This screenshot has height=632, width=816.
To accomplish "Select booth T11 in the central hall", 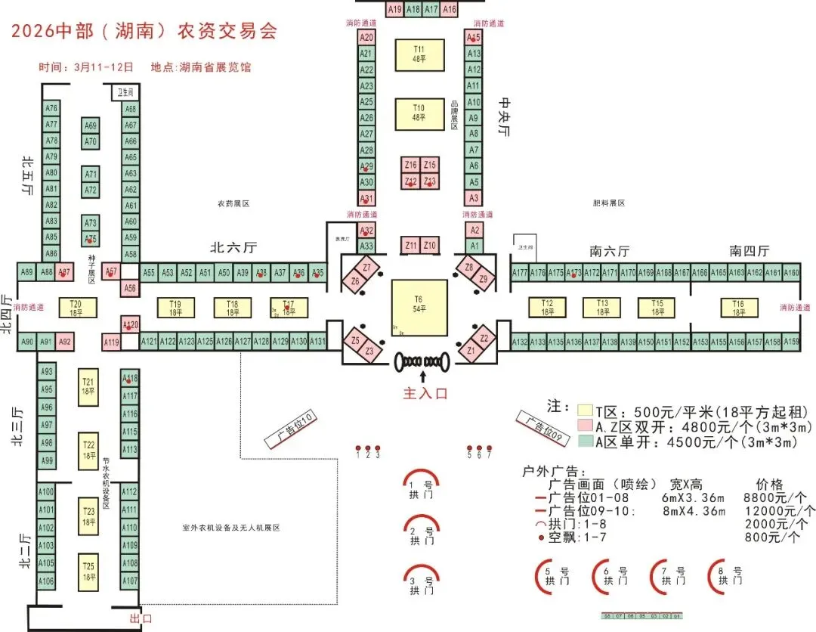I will coord(419,54).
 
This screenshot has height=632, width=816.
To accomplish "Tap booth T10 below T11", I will coord(419,113).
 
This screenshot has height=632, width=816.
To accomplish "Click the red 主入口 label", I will coord(425,393).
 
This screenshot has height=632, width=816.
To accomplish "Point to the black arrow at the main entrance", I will coord(423,375).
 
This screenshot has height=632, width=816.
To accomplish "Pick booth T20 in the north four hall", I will coord(76,308).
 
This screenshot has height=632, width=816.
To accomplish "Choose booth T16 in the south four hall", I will coord(738,308).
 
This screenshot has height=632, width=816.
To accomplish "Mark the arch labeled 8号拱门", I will coord(726,575).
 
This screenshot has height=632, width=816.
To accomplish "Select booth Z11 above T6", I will coord(411,246).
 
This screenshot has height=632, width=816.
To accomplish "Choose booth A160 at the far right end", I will coord(791,273).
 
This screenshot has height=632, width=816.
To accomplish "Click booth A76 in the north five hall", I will coord(51,108).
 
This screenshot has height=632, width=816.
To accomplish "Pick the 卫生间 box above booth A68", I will coord(126,92).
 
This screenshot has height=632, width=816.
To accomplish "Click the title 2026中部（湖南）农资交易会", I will coord(144,31).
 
